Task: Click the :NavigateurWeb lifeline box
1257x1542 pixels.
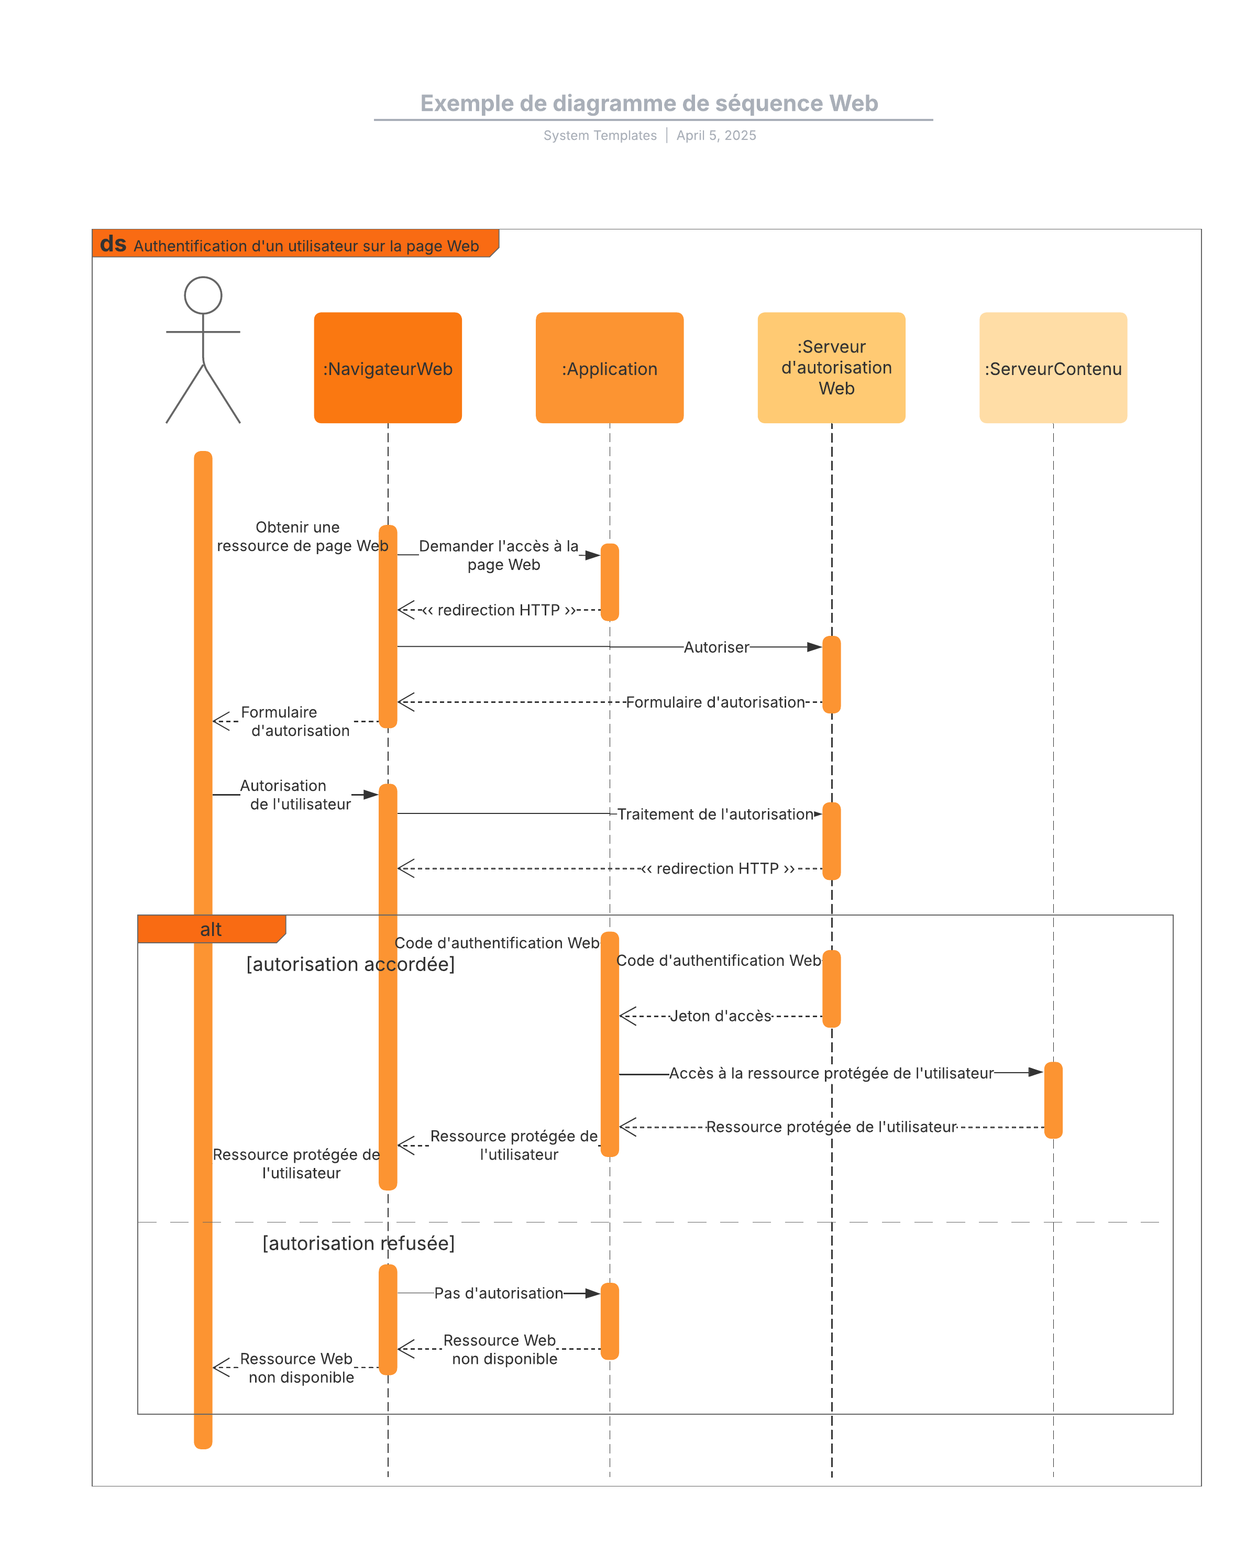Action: tap(388, 368)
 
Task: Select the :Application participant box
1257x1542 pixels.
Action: tap(609, 368)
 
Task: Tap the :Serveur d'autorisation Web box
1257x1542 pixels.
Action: tap(831, 368)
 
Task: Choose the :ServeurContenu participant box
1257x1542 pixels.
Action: tap(1053, 368)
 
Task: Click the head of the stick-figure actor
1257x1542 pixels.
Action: tap(203, 295)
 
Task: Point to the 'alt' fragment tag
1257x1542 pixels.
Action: tap(211, 930)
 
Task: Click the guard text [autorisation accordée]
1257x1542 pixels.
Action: tap(350, 964)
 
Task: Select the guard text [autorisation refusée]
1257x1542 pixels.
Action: tap(358, 1243)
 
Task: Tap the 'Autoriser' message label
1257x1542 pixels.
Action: tap(716, 647)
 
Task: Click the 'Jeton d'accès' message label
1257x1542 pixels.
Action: tap(721, 1016)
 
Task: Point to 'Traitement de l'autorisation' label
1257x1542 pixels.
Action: tap(715, 814)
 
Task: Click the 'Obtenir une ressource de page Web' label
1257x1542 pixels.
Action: tap(301, 536)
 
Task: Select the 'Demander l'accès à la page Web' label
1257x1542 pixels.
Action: tap(500, 555)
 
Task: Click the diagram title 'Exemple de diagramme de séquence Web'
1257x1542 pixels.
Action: tap(649, 104)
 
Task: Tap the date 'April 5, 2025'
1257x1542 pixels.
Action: tap(716, 135)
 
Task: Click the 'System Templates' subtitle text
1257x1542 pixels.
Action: tap(600, 135)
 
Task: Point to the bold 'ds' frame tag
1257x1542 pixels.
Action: tap(113, 244)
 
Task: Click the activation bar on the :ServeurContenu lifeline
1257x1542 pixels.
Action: tap(1053, 1100)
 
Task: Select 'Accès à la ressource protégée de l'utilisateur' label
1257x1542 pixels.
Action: tap(831, 1073)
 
